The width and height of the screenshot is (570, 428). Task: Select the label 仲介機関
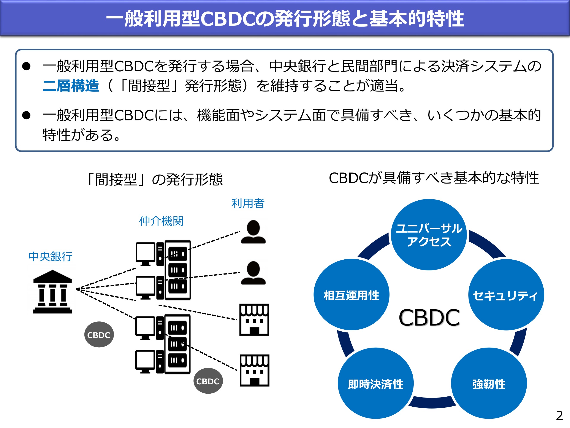tap(161, 221)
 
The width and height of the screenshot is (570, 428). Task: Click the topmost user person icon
tap(253, 232)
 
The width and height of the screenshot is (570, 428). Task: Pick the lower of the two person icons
tap(253, 273)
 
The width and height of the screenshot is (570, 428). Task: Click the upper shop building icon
tap(254, 320)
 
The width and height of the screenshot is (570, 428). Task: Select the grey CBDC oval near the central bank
tap(99, 335)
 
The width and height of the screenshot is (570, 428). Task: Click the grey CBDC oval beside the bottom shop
tap(208, 381)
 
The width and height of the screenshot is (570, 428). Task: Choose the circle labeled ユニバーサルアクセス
tap(429, 235)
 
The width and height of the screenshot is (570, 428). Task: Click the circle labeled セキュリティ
tap(506, 295)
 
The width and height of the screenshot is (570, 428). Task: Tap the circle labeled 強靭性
tap(489, 384)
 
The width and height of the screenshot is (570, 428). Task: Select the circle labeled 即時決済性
tap(375, 384)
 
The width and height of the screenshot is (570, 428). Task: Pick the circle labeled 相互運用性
tap(351, 295)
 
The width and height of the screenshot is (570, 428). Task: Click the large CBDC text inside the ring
tap(429, 318)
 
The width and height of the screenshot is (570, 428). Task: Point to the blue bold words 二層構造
tap(71, 86)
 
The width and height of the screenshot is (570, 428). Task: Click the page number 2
tap(559, 416)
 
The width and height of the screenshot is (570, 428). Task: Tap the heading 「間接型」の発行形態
tap(155, 179)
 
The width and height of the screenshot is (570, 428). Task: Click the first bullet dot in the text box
tap(26, 66)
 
